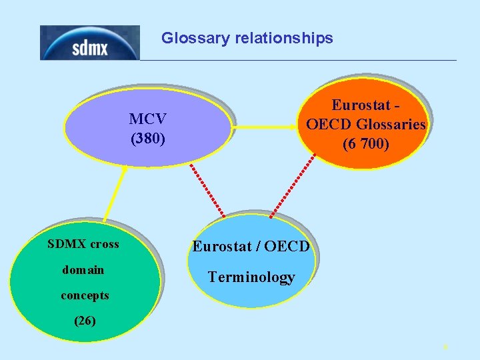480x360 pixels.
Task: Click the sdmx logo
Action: coord(89,43)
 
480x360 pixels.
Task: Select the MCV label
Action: coord(147,119)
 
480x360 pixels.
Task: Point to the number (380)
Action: coord(147,139)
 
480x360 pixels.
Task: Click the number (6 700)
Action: coord(365,143)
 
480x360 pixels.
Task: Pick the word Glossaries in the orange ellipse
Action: coord(391,124)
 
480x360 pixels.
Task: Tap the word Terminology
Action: coord(251,277)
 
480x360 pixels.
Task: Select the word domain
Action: coord(83,270)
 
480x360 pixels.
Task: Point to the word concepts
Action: coord(85,295)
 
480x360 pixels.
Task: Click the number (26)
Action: coord(85,321)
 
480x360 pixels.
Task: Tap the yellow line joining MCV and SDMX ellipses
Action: coord(115,193)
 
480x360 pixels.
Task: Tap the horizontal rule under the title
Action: coord(300,61)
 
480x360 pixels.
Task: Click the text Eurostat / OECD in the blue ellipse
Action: coord(251,247)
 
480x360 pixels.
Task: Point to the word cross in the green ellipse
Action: coord(105,244)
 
